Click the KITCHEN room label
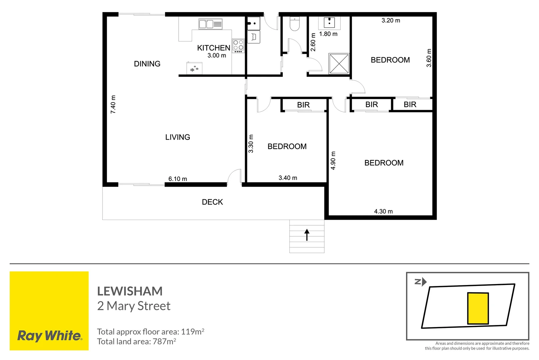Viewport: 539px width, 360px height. [x=213, y=48]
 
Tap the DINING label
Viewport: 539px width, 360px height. [x=147, y=64]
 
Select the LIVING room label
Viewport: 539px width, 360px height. [x=178, y=137]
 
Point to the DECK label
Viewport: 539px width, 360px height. [x=212, y=202]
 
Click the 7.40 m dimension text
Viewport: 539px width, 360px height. [x=113, y=104]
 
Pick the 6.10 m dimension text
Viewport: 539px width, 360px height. [x=178, y=179]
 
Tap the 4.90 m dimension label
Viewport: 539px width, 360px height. [x=333, y=160]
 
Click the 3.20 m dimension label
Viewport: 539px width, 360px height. [x=391, y=20]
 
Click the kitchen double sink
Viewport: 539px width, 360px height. [x=210, y=24]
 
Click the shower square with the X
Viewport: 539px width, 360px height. [x=339, y=63]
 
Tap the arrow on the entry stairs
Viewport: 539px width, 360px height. [x=307, y=235]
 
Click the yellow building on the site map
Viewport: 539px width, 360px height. [x=478, y=308]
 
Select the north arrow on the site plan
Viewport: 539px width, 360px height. [x=421, y=282]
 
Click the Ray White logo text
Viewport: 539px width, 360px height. [x=49, y=336]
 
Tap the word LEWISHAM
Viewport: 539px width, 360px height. [x=130, y=291]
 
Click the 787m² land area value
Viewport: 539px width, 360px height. [x=164, y=342]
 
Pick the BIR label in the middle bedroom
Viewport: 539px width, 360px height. [x=303, y=105]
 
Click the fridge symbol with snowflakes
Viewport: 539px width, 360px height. [x=194, y=68]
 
